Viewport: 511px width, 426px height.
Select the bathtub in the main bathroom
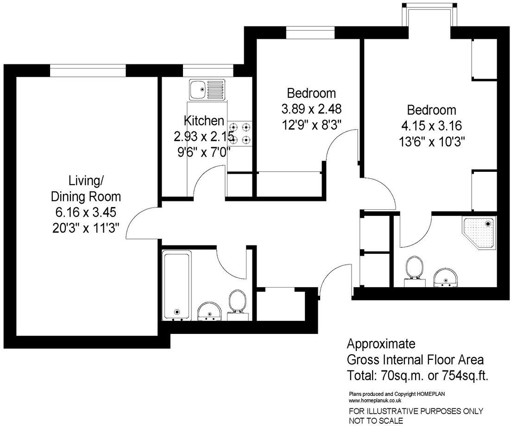coord(177,286)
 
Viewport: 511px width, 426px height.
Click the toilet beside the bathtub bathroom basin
coord(238,304)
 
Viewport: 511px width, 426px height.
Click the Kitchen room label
coord(204,121)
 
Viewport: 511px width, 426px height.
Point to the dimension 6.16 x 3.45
coord(85,213)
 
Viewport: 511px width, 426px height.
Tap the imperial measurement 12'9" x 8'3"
coord(311,125)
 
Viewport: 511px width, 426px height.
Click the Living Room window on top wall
coord(88,70)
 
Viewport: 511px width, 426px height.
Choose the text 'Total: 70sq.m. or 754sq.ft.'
coord(417,375)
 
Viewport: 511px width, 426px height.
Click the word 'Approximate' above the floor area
coord(382,344)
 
